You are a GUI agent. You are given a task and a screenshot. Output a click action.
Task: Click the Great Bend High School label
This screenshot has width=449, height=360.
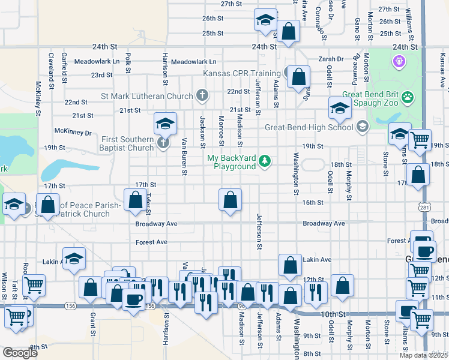pyautogui.click(x=309, y=127)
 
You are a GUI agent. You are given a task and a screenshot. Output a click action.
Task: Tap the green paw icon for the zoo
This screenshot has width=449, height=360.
pyautogui.click(x=408, y=96)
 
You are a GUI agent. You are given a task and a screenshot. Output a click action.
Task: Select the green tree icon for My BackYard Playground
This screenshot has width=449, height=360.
pyautogui.click(x=264, y=160)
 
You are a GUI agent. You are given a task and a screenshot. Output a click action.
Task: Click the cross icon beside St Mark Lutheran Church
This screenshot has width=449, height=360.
pyautogui.click(x=202, y=95)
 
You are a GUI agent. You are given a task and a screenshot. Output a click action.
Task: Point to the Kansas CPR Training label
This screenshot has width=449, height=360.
pyautogui.click(x=243, y=74)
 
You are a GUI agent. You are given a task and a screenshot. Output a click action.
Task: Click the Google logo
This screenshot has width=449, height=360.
pyautogui.click(x=20, y=353)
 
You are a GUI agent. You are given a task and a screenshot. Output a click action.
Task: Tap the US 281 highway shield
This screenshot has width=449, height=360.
pyautogui.click(x=424, y=206)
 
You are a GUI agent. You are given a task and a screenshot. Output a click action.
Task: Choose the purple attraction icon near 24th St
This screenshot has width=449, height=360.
pyautogui.click(x=397, y=61)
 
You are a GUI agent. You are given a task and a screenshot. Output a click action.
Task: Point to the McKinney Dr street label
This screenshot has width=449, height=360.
pyautogui.click(x=73, y=131)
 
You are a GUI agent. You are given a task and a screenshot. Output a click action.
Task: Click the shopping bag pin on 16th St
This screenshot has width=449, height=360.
pyautogui.click(x=229, y=200)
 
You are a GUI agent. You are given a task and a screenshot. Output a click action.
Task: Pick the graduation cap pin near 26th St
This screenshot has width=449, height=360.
pyautogui.click(x=265, y=20)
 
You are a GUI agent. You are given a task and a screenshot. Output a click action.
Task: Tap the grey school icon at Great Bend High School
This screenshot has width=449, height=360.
pyautogui.click(x=362, y=127)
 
